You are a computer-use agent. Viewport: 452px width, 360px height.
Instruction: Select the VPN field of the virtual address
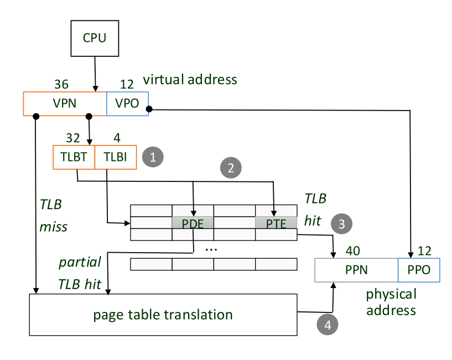64,104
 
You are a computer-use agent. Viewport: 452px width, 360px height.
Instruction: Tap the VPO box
127,104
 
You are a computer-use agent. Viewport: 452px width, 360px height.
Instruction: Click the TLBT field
74,157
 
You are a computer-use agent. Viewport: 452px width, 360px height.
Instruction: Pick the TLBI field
116,157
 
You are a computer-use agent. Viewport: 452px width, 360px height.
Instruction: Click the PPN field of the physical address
356,271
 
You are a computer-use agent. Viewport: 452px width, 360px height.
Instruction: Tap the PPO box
419,271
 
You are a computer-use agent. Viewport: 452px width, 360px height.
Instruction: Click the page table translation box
163,315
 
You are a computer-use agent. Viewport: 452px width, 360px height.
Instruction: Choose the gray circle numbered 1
154,157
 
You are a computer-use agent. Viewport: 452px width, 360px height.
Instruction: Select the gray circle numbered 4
328,325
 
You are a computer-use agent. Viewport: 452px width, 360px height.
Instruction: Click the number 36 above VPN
61,84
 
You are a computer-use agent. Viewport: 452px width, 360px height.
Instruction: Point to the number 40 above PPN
352,251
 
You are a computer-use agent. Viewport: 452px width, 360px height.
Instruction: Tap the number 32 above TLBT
73,138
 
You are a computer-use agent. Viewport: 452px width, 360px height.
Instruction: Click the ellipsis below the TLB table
211,248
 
